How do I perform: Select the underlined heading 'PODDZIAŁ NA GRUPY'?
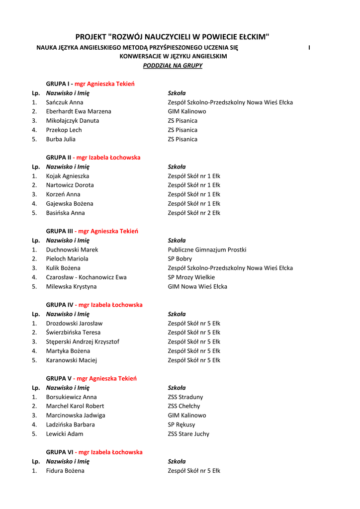coord(173,66)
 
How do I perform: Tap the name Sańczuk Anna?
coord(65,102)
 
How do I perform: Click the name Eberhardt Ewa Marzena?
coord(79,111)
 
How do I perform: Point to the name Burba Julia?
coord(61,139)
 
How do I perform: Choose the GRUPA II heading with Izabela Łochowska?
coord(93,158)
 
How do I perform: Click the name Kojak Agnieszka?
coord(68,176)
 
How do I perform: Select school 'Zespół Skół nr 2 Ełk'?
coord(194,213)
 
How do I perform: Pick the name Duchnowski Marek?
coord(72,250)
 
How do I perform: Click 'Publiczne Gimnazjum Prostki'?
coord(207,250)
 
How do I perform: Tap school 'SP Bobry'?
coord(180,258)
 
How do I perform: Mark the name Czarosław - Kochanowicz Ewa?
coord(86,277)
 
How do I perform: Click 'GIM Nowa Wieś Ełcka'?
coord(197,286)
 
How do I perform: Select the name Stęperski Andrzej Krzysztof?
coord(83,341)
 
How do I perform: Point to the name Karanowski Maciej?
coord(72,360)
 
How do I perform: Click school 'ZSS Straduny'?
coord(185,397)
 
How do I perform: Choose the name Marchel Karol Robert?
coord(75,406)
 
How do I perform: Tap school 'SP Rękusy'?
coord(181,424)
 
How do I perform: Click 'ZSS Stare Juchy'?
coord(188,434)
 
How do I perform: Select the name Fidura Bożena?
coord(65,471)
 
